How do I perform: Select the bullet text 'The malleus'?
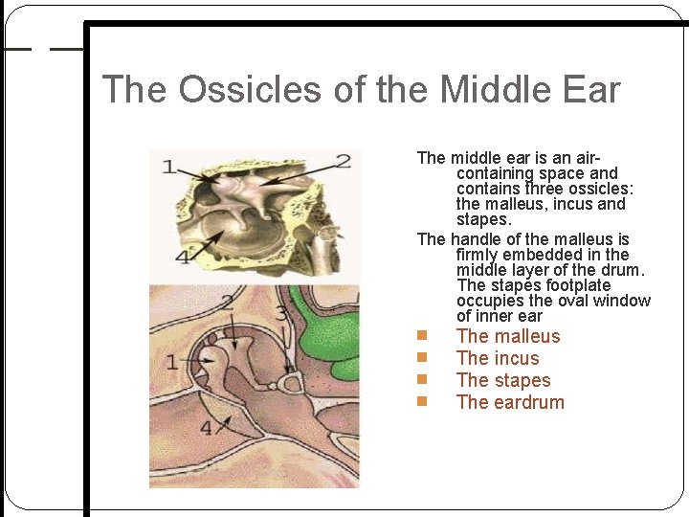pos(508,336)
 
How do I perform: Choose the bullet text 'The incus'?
pos(498,358)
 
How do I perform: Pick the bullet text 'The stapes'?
pos(503,380)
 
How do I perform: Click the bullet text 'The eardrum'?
pos(510,402)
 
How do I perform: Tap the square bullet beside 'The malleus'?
pos(421,336)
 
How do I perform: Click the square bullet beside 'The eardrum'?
pos(421,402)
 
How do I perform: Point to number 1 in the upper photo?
pos(168,168)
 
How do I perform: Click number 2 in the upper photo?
pos(342,160)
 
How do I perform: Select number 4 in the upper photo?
pos(181,257)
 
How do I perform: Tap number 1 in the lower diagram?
pos(171,361)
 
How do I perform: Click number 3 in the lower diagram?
pos(280,312)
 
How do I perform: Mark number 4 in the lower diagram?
pos(207,428)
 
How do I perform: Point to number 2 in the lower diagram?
pos(228,303)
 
